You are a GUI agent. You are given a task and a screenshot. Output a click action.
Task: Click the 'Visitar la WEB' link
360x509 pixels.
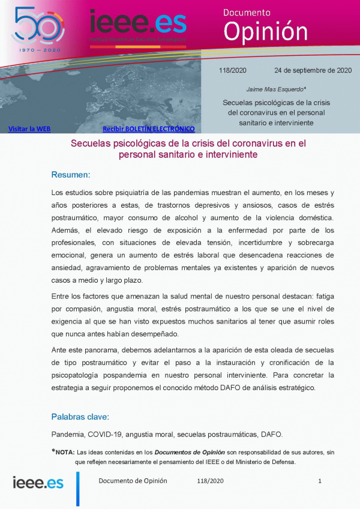29,129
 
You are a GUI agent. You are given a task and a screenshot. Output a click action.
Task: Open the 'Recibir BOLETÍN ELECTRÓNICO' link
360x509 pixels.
149,129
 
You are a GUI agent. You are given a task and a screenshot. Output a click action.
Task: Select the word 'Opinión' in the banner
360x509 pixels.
265,31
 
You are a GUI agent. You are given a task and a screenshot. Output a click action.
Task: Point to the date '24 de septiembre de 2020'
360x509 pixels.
313,70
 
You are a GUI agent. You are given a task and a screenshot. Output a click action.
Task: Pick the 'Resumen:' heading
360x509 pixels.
70,175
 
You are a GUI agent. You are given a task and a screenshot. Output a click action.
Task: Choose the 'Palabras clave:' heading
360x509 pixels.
80,416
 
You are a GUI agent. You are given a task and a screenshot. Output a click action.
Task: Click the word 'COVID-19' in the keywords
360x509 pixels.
105,434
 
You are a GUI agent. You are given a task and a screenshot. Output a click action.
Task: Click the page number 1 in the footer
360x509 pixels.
320,481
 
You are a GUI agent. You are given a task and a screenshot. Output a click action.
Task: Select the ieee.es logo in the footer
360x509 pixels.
38,482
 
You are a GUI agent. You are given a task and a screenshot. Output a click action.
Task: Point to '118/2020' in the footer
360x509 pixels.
210,481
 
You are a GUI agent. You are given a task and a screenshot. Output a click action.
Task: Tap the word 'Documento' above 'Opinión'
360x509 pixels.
247,12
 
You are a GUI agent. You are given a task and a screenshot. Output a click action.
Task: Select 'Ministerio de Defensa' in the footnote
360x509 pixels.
272,462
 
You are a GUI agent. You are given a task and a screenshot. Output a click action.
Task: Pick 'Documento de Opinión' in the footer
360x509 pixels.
133,481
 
